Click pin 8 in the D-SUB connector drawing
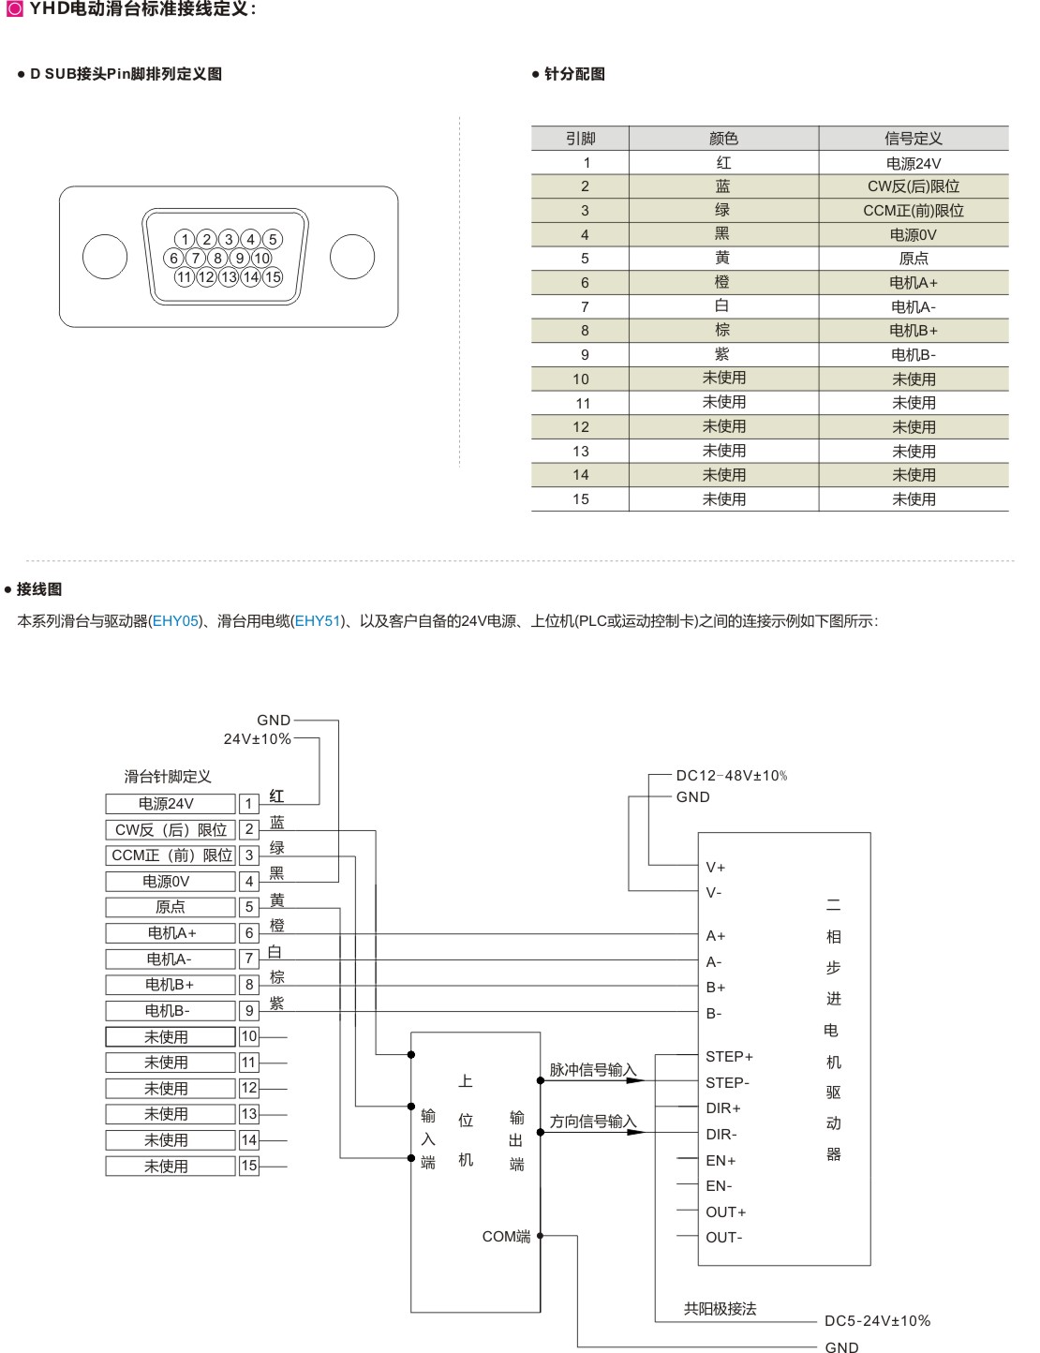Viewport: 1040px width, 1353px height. tap(217, 258)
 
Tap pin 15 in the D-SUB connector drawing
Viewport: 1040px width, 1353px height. tap(273, 276)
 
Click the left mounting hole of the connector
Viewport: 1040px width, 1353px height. tap(104, 257)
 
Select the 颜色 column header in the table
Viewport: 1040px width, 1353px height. tap(723, 139)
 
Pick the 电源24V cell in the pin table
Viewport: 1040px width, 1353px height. tap(914, 163)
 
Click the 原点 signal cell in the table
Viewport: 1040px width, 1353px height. tap(914, 259)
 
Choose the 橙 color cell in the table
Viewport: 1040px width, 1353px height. tap(722, 282)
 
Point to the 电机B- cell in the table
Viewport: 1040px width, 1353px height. tap(914, 355)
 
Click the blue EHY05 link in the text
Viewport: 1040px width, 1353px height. tap(176, 620)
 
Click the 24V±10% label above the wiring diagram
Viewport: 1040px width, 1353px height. tap(257, 738)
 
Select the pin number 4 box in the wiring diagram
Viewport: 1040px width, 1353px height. tap(249, 881)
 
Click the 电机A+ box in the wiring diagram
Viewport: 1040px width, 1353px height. tap(171, 933)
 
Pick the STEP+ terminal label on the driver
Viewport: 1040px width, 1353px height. tap(729, 1057)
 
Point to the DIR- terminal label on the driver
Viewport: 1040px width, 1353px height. tap(721, 1135)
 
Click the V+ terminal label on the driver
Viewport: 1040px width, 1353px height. tap(716, 868)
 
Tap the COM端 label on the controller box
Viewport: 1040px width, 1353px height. tap(506, 1237)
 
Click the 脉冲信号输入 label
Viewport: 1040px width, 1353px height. tap(592, 1070)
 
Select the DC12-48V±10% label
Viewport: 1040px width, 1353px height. tap(732, 776)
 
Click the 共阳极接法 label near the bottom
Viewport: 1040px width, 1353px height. tap(720, 1309)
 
